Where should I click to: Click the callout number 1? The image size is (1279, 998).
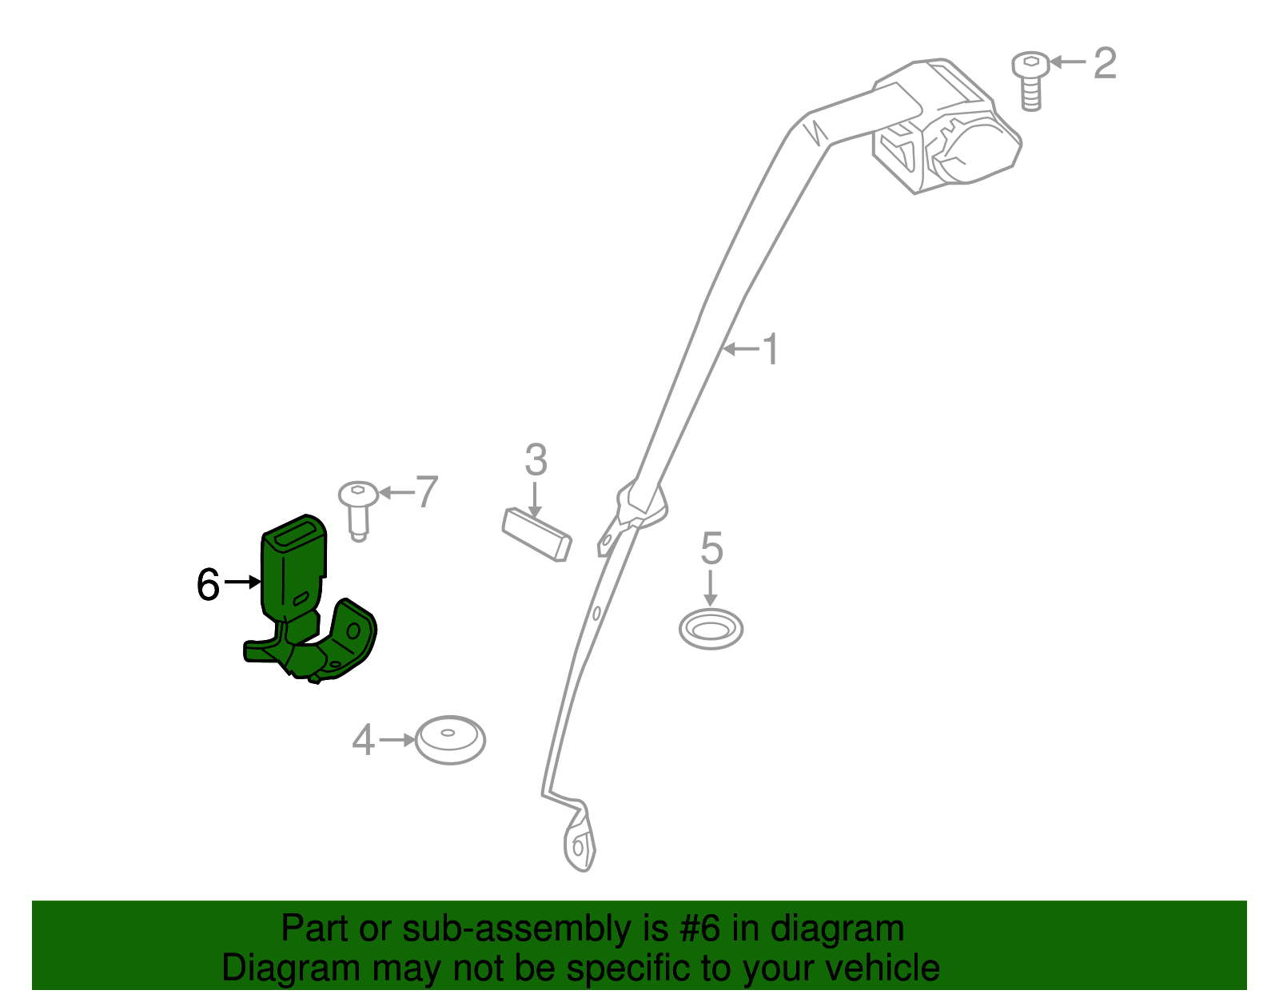click(x=771, y=349)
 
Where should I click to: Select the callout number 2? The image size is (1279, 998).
click(x=1105, y=63)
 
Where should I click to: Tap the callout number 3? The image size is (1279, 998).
click(x=536, y=459)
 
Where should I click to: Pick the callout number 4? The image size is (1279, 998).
click(x=363, y=740)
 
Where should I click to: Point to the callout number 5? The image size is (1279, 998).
click(x=711, y=548)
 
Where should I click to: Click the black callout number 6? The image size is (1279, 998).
click(x=208, y=584)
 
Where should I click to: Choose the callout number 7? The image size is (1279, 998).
click(x=427, y=491)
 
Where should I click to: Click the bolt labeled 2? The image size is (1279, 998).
click(x=1030, y=82)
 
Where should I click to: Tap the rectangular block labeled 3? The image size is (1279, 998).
click(x=536, y=535)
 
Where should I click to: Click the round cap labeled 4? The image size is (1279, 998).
click(x=450, y=740)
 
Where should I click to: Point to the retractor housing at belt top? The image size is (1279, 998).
click(x=946, y=126)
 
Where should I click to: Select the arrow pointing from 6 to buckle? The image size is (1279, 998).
click(x=242, y=582)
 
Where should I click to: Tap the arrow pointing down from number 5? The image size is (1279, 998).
click(x=711, y=588)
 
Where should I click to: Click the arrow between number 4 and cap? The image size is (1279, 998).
click(x=397, y=740)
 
